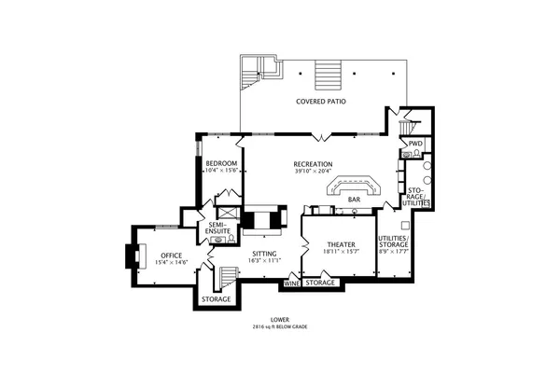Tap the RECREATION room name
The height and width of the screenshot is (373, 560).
click(x=314, y=163)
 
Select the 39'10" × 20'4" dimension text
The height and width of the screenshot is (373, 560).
click(x=314, y=172)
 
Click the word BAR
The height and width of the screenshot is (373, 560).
click(x=355, y=200)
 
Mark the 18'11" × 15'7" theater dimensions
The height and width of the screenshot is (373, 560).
click(x=338, y=251)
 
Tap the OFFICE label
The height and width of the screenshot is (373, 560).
click(x=170, y=255)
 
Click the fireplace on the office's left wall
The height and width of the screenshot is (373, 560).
click(x=131, y=256)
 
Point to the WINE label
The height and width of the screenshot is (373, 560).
click(x=291, y=282)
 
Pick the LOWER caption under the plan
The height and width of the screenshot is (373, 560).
click(x=279, y=320)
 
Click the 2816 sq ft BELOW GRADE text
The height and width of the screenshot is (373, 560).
click(x=279, y=327)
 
